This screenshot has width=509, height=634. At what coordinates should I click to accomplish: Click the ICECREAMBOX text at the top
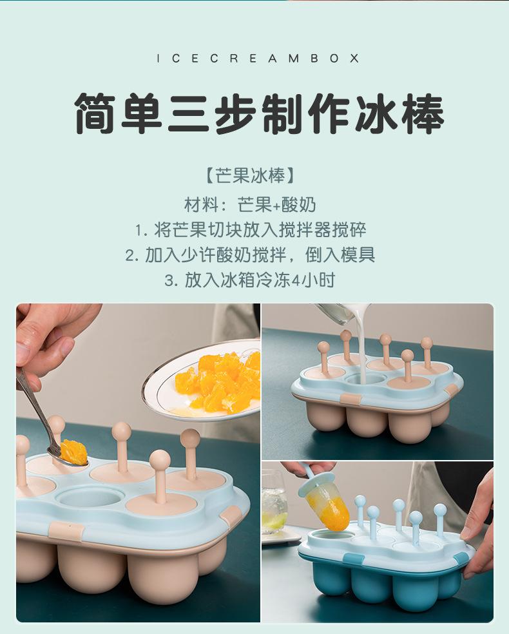[258, 59]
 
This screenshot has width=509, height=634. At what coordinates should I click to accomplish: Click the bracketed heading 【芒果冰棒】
[250, 176]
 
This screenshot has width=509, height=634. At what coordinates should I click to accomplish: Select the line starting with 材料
[250, 205]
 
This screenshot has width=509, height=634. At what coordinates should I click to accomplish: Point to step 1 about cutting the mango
[251, 229]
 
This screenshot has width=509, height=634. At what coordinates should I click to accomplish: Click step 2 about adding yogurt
[250, 255]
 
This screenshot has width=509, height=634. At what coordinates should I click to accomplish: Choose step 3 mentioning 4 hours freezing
[250, 280]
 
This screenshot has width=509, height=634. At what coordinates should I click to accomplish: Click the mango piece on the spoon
[73, 451]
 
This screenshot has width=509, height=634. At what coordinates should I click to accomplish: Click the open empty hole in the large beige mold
[90, 497]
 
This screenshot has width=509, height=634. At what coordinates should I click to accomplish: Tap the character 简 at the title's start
[95, 113]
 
